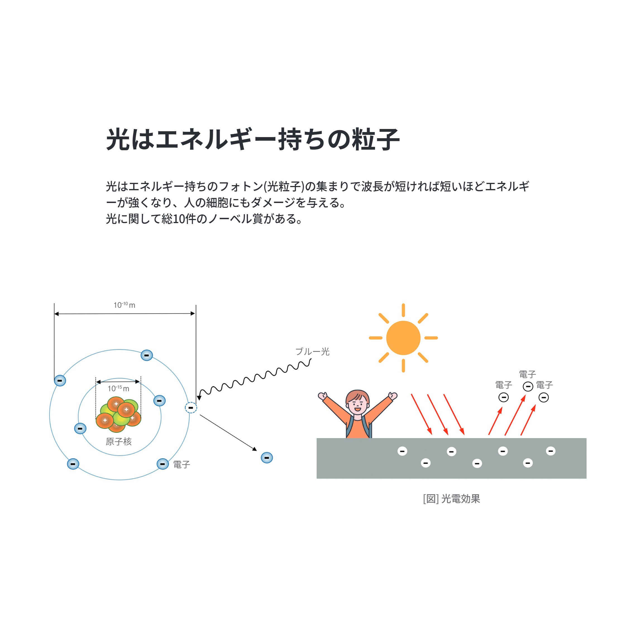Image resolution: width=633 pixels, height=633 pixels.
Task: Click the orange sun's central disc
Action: [403, 338]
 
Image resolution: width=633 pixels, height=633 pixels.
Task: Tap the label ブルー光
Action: [312, 352]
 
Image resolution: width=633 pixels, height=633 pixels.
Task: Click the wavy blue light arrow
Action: [254, 378]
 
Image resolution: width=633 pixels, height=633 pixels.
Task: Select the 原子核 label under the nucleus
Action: [119, 441]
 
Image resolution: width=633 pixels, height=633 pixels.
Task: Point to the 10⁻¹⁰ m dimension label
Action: [124, 305]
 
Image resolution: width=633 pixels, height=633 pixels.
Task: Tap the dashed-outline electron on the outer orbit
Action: [191, 408]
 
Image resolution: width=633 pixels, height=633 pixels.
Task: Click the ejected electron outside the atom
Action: [267, 457]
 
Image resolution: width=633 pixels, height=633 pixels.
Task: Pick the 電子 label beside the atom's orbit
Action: [181, 464]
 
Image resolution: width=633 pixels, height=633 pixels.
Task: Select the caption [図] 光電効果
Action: [452, 499]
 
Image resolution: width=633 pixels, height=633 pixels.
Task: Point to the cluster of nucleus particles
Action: [118, 414]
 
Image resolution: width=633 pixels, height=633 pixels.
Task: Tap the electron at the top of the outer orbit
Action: [147, 355]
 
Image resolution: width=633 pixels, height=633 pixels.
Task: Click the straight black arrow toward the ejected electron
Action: [228, 433]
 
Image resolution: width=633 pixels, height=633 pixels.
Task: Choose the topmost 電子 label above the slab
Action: [527, 374]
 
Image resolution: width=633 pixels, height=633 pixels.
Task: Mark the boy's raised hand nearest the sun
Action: [393, 396]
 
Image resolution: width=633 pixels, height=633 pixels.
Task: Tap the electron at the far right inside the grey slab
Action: [550, 451]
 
